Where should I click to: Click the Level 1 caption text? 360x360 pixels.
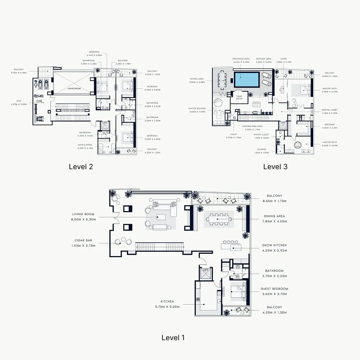173,337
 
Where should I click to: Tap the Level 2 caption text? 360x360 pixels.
81,166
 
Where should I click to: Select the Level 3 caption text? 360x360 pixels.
275,166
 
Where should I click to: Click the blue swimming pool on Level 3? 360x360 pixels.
246,81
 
